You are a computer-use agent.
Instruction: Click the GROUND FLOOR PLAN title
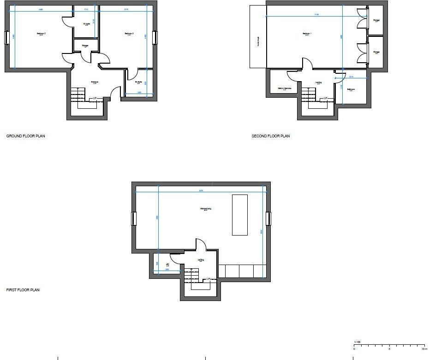click(x=25, y=136)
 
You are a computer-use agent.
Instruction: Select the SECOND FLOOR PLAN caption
click(x=271, y=136)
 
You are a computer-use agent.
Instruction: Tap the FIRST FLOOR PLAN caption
click(x=23, y=290)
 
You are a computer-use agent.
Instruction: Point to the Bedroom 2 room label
click(x=42, y=34)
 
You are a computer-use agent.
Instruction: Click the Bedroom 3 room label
click(x=129, y=34)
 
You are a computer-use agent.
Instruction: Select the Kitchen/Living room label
click(x=206, y=209)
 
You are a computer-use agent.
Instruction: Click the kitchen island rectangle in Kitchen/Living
click(x=240, y=215)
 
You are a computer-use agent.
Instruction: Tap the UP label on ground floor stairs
click(x=95, y=99)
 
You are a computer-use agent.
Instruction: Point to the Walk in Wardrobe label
click(x=284, y=88)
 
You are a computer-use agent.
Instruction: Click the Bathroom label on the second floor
click(x=351, y=89)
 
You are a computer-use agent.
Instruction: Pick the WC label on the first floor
click(x=168, y=265)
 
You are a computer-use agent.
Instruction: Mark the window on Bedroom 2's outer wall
click(x=6, y=37)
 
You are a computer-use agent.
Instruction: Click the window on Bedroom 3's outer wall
click(x=155, y=37)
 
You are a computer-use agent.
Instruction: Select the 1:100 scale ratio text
click(x=357, y=342)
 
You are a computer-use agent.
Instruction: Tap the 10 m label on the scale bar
click(x=424, y=349)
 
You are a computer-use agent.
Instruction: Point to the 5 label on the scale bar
click(x=390, y=349)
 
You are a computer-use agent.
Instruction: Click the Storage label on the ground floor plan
click(x=85, y=46)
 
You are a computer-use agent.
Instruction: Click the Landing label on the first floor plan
click(x=201, y=260)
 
